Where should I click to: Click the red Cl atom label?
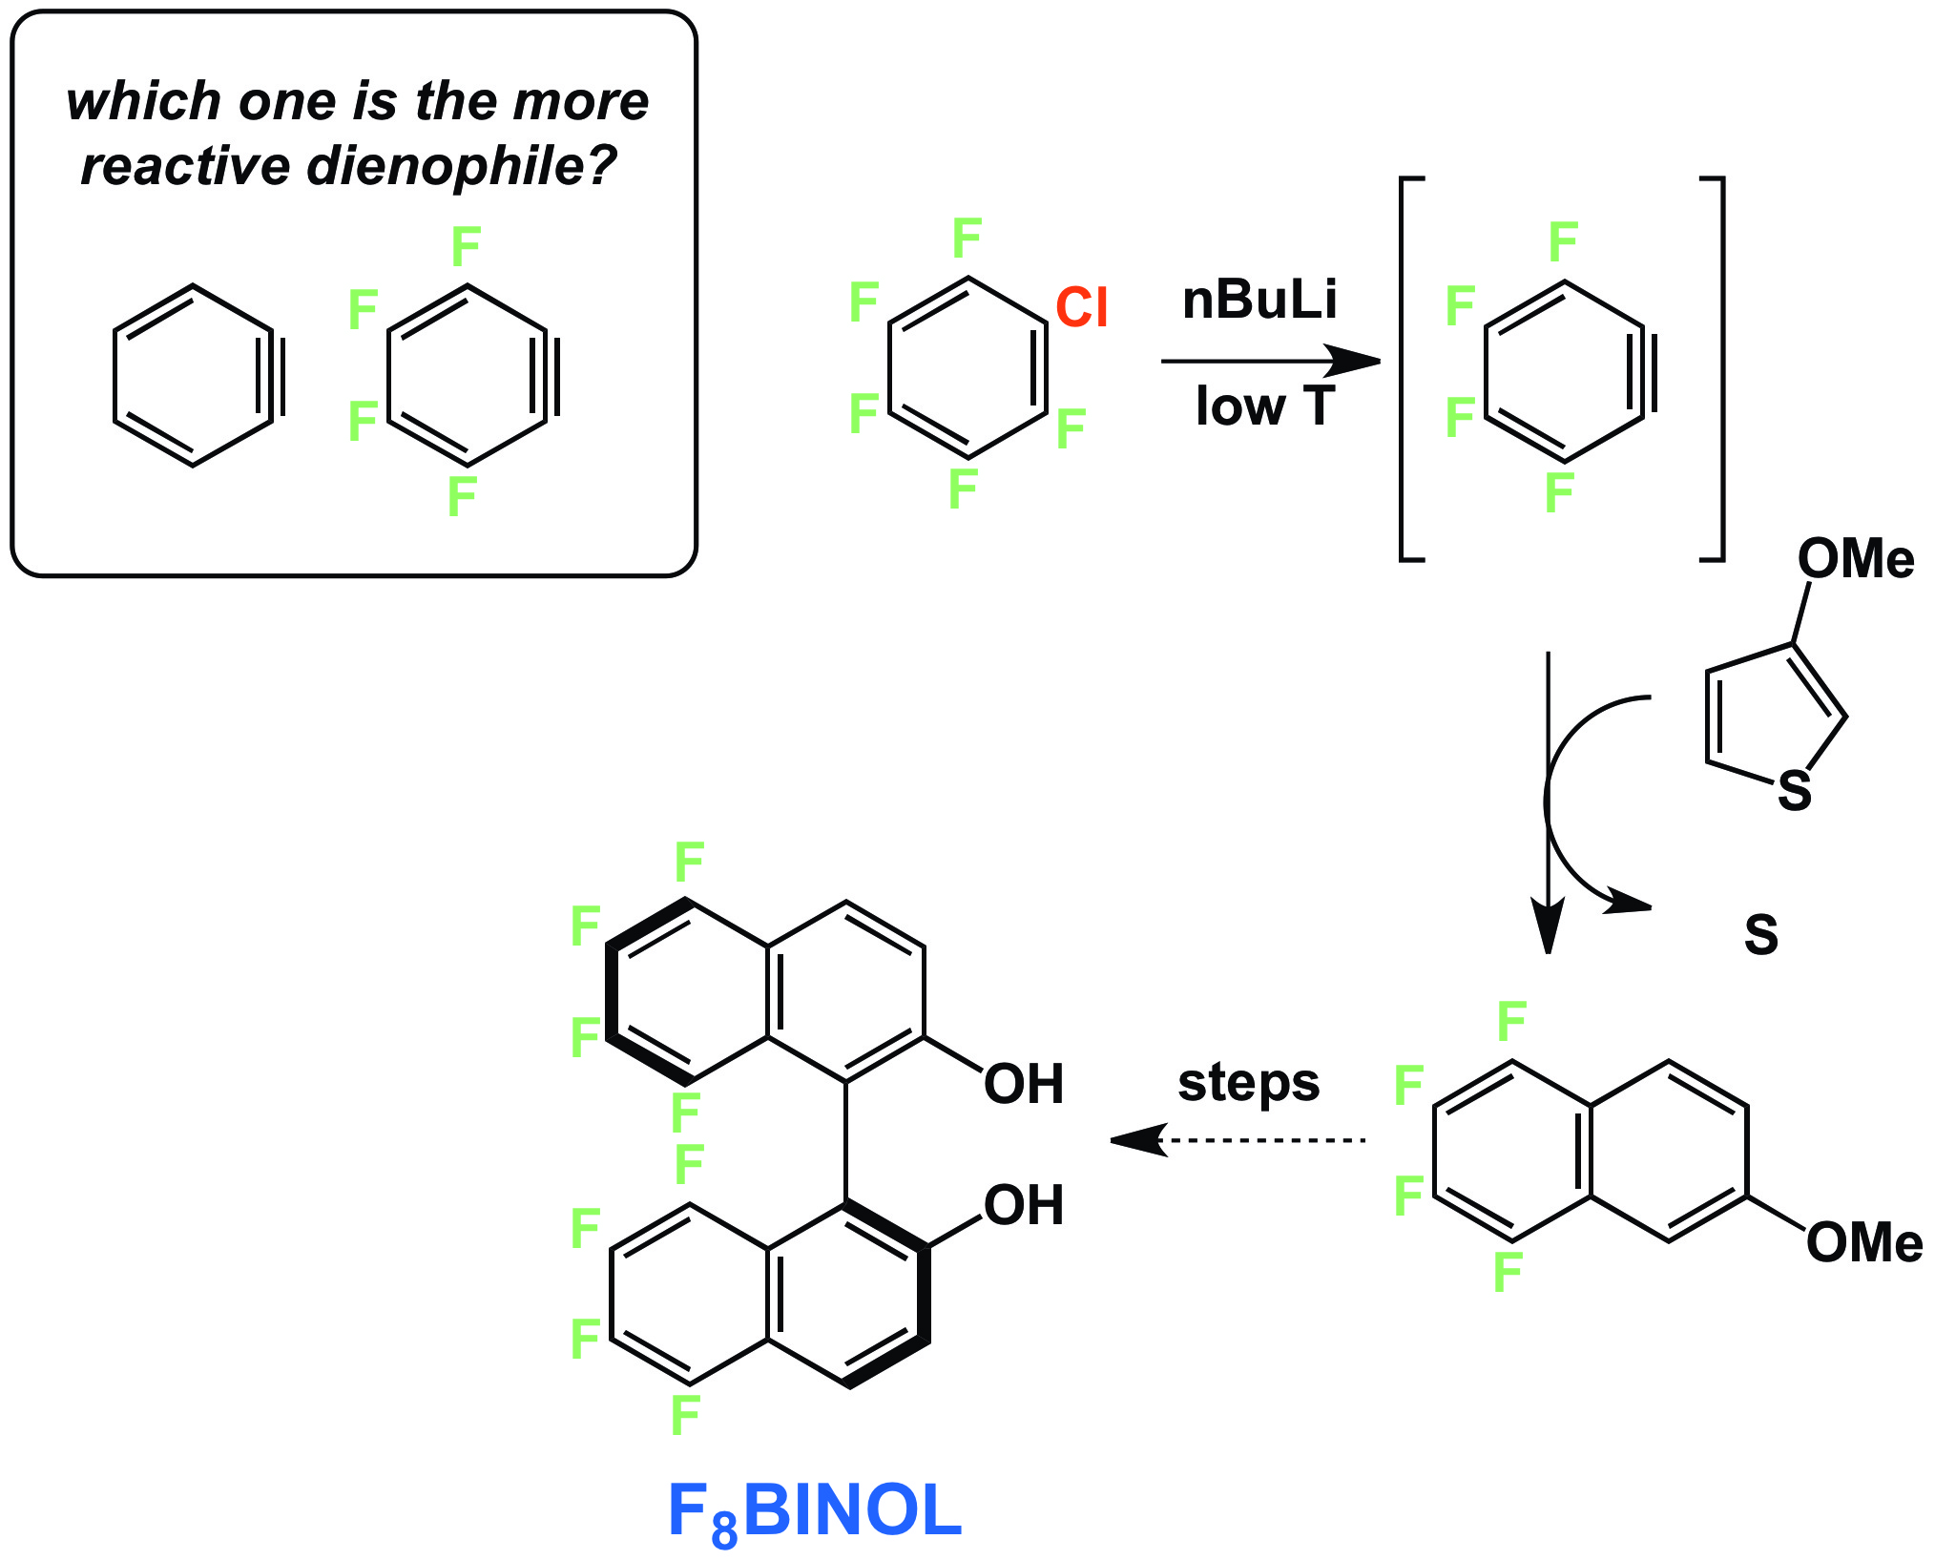[1081, 307]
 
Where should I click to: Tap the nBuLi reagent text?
[1259, 300]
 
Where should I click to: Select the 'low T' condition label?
[1264, 406]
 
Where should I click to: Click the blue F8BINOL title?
[814, 1511]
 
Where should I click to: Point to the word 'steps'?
[1248, 1082]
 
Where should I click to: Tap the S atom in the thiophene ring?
[1794, 791]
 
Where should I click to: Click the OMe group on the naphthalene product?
[1863, 1242]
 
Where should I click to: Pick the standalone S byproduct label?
[1760, 935]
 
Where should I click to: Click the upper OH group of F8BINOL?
[1023, 1084]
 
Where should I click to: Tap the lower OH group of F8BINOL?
[1023, 1205]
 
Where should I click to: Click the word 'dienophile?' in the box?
[462, 166]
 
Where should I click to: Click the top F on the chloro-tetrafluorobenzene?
[967, 238]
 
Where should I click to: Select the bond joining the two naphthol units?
[845, 1141]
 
